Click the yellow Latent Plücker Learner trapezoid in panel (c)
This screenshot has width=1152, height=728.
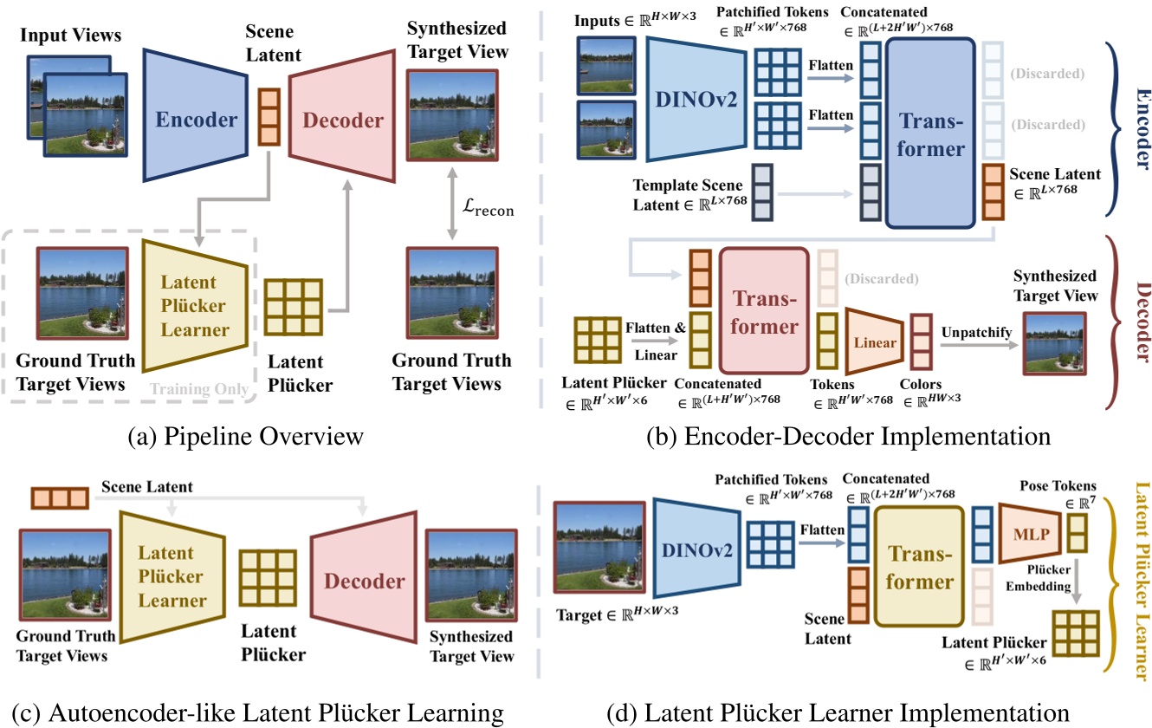pyautogui.click(x=172, y=576)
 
